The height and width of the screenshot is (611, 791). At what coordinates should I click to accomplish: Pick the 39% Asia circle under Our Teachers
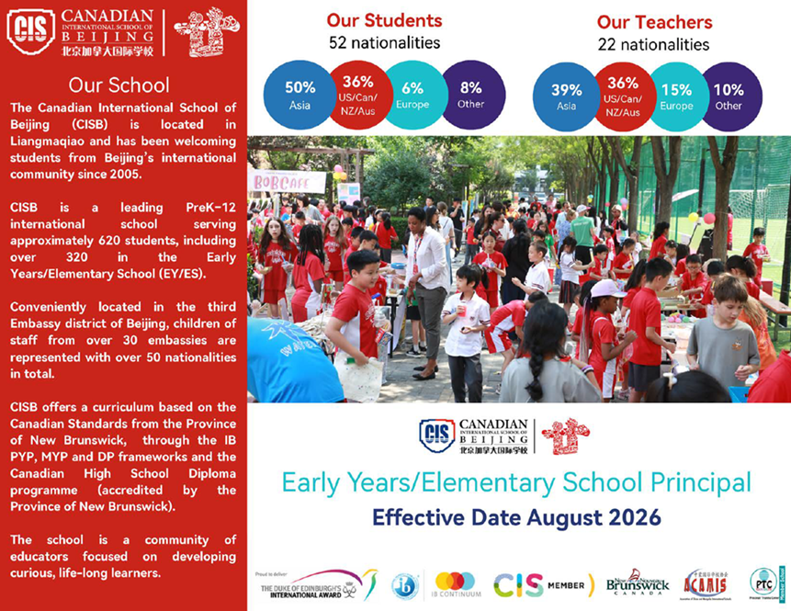566,96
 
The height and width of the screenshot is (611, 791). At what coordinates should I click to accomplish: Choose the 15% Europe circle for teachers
676,96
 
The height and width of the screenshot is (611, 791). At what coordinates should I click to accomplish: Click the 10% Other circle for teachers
729,96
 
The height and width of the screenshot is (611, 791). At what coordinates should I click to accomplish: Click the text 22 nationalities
653,43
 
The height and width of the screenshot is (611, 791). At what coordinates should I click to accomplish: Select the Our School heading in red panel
119,85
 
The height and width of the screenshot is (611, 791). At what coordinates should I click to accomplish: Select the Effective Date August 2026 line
515,517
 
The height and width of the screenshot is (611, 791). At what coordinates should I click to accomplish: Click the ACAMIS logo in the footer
705,583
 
